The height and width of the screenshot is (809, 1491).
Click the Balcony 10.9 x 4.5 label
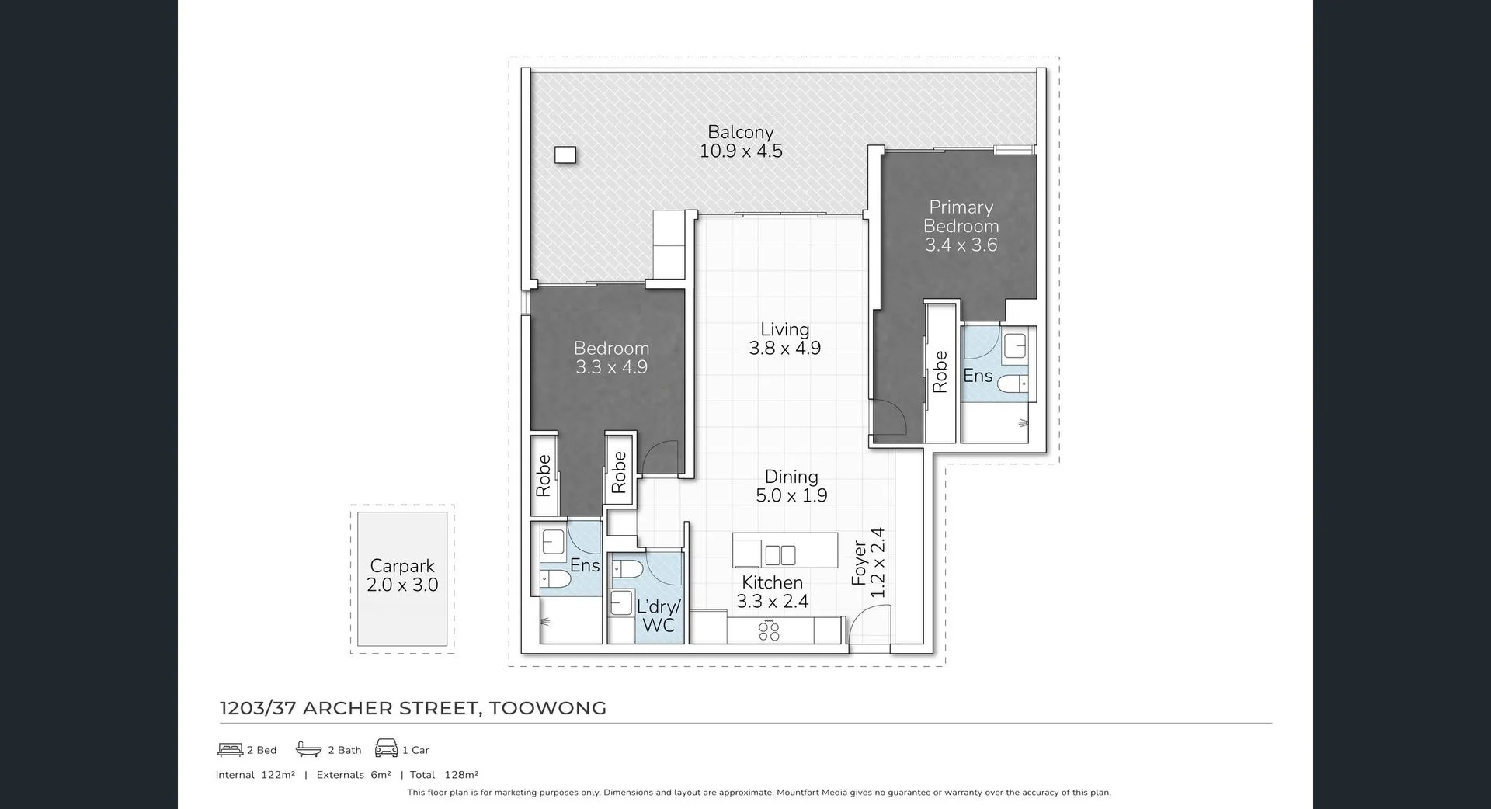(740, 142)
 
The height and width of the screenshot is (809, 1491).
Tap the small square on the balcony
(565, 155)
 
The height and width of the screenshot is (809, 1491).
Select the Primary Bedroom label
(961, 226)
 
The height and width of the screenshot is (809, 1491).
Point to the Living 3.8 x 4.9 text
(784, 339)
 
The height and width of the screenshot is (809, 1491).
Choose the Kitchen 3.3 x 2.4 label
(772, 592)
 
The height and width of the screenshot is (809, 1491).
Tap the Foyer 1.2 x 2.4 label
(868, 563)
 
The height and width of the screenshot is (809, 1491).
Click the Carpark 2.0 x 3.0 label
(402, 576)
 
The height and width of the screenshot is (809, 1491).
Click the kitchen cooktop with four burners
(769, 630)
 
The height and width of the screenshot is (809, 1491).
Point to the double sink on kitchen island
(780, 554)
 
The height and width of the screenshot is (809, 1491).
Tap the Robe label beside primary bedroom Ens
(940, 371)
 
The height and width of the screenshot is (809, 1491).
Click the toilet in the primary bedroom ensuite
(1013, 384)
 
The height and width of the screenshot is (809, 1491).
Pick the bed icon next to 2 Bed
(231, 749)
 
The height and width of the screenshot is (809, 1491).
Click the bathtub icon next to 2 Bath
(308, 749)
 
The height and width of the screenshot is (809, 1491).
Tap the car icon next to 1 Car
(386, 748)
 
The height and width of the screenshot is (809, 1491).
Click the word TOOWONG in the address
(547, 708)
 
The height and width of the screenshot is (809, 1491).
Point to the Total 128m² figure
(445, 775)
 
